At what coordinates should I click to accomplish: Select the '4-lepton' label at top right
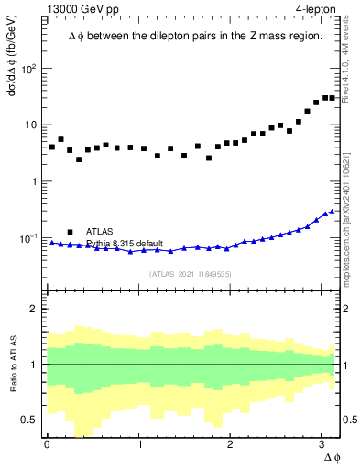click(x=314, y=10)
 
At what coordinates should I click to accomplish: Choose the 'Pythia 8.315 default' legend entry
click(x=125, y=244)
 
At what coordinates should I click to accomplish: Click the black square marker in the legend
click(x=70, y=232)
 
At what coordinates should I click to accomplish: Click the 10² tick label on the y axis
click(x=29, y=69)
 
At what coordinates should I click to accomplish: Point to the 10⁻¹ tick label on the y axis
click(x=29, y=238)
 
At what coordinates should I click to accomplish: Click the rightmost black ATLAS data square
click(x=332, y=98)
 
